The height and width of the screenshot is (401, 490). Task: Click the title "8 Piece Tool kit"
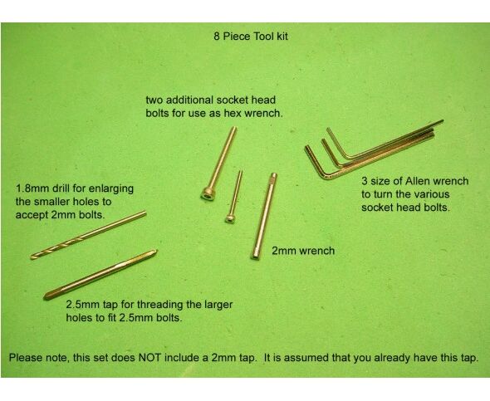(251, 37)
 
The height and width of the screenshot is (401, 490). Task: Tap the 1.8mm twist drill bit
(88, 236)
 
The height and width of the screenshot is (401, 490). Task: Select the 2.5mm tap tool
(100, 275)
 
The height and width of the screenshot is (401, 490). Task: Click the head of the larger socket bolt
(206, 193)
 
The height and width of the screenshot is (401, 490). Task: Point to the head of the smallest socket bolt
(230, 218)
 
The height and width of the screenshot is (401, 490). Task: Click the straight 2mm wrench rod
(264, 216)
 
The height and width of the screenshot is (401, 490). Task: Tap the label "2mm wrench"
(303, 251)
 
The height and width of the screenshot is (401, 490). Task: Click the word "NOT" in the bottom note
(149, 358)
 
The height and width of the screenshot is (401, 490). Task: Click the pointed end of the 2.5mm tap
(47, 296)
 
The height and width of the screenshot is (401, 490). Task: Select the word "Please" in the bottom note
(24, 358)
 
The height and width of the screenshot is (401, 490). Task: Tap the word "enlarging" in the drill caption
(111, 189)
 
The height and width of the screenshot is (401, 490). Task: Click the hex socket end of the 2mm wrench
(255, 257)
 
